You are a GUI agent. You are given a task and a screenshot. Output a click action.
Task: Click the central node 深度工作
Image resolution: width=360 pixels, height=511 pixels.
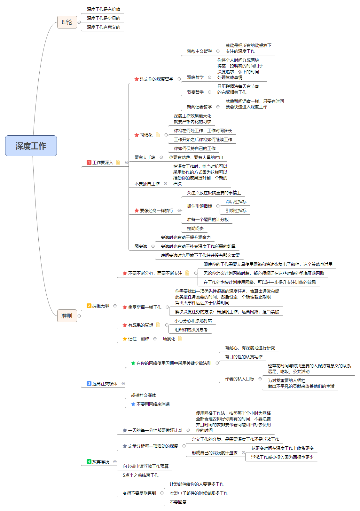pos(31,146)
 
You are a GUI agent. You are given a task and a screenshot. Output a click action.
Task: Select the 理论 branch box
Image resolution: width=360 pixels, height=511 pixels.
pos(67,22)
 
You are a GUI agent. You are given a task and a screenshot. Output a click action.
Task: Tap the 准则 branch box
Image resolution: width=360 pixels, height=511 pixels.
pos(67,316)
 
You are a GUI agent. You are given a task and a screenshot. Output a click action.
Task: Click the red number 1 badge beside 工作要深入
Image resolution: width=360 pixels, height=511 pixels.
pos(89,163)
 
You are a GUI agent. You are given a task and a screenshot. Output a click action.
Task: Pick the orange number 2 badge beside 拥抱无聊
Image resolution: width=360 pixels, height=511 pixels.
pos(89,306)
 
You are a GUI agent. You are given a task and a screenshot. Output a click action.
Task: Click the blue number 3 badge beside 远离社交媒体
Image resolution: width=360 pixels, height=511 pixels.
pos(89,384)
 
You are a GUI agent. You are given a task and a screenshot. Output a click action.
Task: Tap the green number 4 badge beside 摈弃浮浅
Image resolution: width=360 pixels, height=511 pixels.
pos(89,462)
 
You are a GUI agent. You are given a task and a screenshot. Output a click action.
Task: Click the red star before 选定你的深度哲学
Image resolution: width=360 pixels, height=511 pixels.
pos(137,79)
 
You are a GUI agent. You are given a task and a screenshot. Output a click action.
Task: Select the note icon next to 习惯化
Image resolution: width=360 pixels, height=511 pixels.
pos(158,135)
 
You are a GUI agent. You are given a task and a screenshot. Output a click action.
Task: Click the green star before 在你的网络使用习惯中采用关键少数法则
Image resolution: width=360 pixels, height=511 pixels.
pos(133,363)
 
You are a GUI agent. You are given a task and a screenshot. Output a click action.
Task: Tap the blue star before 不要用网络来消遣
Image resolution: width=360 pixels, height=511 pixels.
pos(133,404)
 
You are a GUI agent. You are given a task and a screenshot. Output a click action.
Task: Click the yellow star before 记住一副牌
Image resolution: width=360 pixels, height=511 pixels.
pos(125,339)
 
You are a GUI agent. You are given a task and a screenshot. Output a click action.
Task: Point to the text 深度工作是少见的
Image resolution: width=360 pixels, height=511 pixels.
pos(103,18)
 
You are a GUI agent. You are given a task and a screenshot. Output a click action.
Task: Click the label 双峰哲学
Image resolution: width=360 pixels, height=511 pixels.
pos(195,77)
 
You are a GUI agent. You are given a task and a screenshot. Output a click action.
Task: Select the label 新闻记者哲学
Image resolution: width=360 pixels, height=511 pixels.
pos(199,107)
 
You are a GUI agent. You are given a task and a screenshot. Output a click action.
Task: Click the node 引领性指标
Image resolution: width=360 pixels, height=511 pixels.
pos(236,211)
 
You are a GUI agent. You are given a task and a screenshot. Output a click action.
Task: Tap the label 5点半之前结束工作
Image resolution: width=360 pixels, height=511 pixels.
pos(141,475)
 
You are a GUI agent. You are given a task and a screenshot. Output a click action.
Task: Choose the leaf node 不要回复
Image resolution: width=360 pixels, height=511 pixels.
pos(178,502)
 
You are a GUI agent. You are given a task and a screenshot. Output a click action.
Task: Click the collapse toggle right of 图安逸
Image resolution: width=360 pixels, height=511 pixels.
pos(153,246)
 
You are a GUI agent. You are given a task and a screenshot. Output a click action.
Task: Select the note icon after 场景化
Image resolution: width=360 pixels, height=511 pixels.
pos(180,339)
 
